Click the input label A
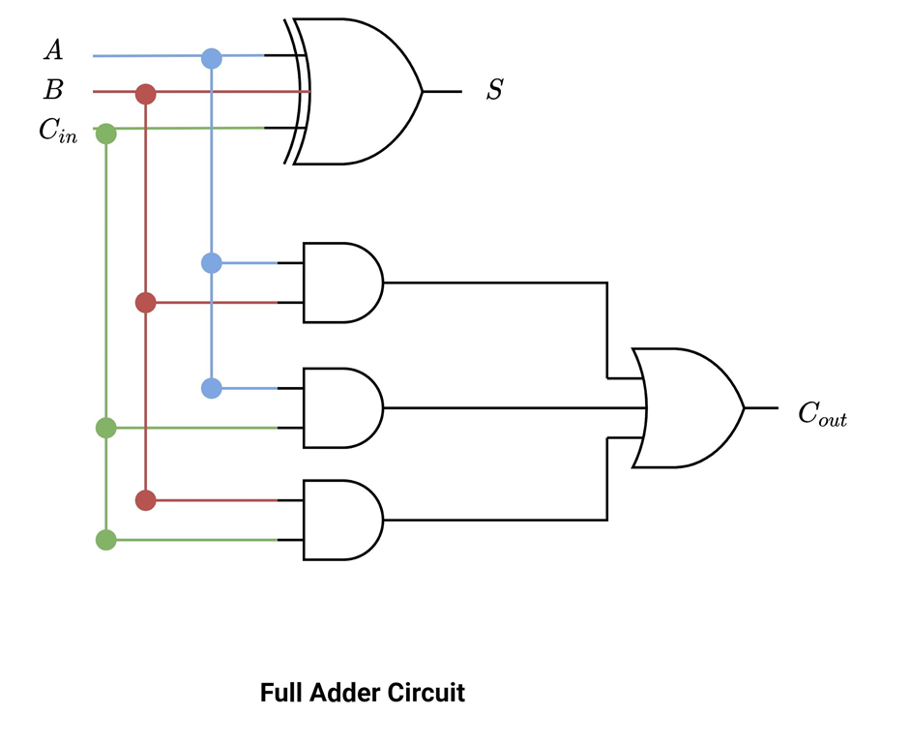click(x=53, y=49)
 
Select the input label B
click(x=53, y=91)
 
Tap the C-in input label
click(x=57, y=132)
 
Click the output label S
click(x=494, y=91)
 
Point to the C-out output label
click(x=822, y=414)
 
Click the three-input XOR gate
click(x=358, y=91)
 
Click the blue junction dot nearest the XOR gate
click(x=211, y=58)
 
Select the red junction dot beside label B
click(x=145, y=94)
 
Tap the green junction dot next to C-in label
click(x=106, y=133)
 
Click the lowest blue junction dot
click(x=211, y=388)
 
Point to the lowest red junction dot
click(x=145, y=500)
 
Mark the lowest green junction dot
click(x=106, y=540)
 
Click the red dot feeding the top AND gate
click(x=145, y=303)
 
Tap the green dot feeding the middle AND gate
click(x=106, y=427)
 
